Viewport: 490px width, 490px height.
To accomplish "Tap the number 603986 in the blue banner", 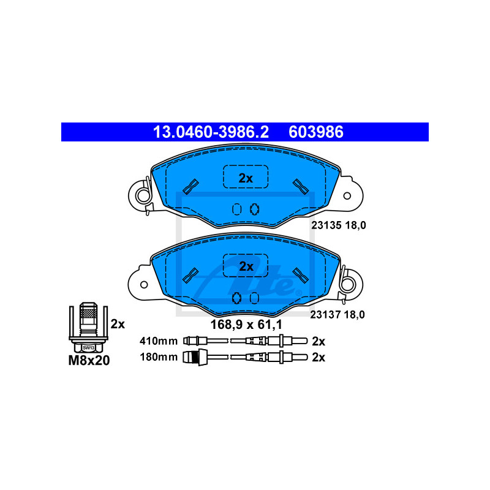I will [316, 132].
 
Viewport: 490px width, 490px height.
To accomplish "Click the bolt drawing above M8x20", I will [89, 323].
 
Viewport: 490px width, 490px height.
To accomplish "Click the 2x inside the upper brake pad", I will [245, 178].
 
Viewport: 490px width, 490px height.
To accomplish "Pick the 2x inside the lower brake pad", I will [246, 266].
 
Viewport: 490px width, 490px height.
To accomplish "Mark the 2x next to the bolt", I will [118, 323].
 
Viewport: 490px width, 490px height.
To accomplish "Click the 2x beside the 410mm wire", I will [318, 341].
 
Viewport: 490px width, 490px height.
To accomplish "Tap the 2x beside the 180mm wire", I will [318, 357].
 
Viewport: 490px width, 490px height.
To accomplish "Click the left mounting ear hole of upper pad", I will [143, 196].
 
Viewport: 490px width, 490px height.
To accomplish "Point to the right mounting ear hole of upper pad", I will [347, 195].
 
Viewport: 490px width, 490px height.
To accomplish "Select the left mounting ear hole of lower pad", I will [144, 284].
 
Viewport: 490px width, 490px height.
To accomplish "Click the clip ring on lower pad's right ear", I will [348, 284].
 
